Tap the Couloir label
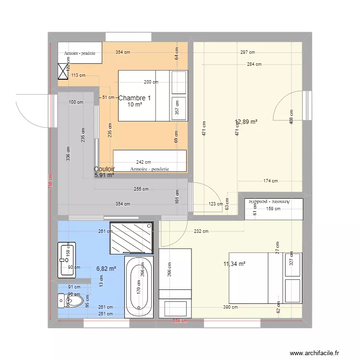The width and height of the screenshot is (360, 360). coord(104,169)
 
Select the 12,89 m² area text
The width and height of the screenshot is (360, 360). coord(246,121)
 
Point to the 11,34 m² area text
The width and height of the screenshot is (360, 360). coord(234,264)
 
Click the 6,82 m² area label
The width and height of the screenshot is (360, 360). coord(106,269)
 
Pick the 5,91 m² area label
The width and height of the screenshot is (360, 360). coord(104,175)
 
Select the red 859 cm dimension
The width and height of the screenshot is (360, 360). coord(180,322)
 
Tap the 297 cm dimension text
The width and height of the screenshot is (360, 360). coord(248,52)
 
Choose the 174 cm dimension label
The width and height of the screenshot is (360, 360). coord(270,181)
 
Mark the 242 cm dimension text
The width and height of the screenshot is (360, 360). coord(144,162)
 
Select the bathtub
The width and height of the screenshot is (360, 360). coord(139,287)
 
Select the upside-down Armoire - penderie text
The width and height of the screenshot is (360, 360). coord(274,202)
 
